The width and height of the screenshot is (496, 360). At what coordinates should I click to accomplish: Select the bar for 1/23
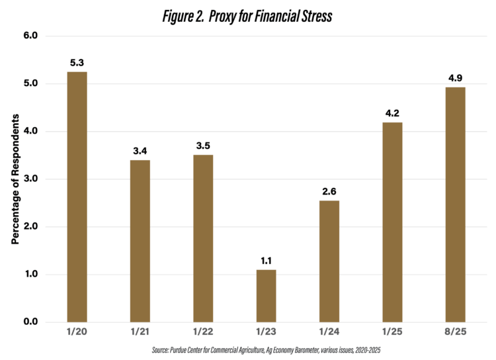coord(266,296)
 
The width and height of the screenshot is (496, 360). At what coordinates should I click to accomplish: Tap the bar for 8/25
coord(455,204)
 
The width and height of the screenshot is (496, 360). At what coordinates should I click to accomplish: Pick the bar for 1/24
coord(329,261)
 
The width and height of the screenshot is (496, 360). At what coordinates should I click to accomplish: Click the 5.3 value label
coord(77,64)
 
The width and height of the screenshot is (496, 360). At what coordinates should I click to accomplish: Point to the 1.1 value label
coord(266,261)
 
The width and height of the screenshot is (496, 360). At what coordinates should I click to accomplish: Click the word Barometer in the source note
coord(323,350)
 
